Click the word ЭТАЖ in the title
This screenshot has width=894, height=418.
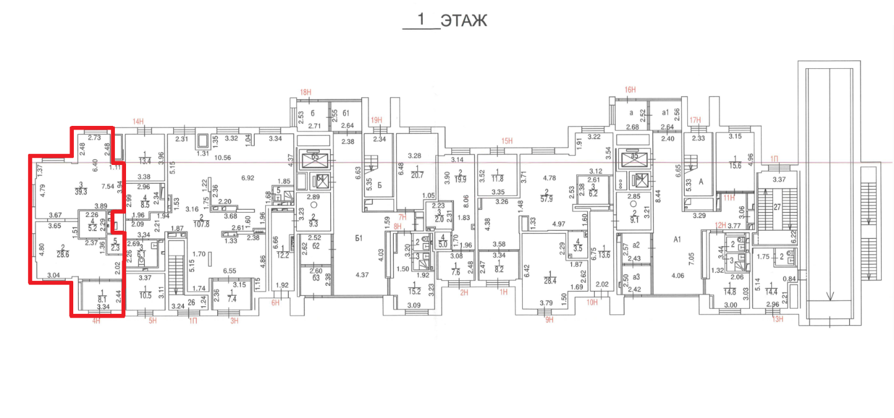click(x=464, y=20)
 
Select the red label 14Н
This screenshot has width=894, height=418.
click(x=138, y=122)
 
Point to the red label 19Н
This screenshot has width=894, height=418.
click(x=375, y=120)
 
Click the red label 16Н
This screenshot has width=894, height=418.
click(x=630, y=90)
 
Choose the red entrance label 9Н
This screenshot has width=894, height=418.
click(x=549, y=320)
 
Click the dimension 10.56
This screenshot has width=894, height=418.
click(x=223, y=158)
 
